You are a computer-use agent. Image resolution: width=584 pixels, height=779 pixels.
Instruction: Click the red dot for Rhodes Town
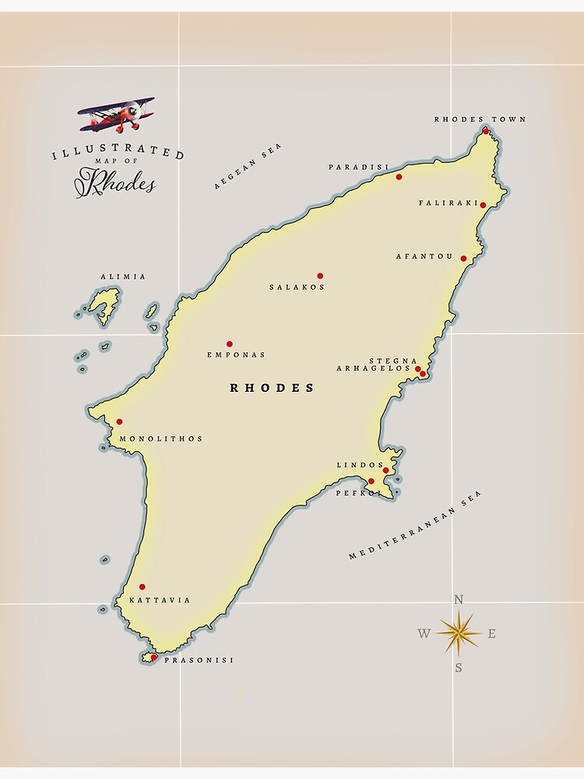(x=486, y=131)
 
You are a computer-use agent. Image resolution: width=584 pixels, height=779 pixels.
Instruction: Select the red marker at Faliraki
(x=483, y=205)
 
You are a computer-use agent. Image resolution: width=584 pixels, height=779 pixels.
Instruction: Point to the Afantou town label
(x=424, y=256)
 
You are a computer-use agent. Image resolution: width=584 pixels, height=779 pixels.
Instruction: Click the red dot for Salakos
(x=320, y=276)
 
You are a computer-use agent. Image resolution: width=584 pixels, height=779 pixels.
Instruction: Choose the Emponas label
(x=236, y=355)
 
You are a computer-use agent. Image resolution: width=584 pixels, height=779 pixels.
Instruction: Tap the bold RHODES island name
(x=272, y=388)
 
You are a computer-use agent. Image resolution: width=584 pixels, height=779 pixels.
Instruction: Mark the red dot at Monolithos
(x=119, y=421)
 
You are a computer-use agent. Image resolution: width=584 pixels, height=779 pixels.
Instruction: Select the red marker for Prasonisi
(x=153, y=657)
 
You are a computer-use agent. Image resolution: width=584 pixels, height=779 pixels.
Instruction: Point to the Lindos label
(x=360, y=465)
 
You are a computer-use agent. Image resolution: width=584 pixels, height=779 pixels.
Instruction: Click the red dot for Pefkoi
(x=371, y=481)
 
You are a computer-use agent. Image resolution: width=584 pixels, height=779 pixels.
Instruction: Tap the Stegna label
(x=388, y=361)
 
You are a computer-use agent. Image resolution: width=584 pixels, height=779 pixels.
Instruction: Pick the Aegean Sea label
(x=248, y=166)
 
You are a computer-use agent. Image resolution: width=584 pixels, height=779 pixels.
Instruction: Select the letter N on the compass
(x=459, y=599)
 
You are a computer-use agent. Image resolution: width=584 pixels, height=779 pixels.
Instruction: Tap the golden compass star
(x=459, y=633)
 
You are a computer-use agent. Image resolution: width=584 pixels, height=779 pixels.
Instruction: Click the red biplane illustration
(x=117, y=115)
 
